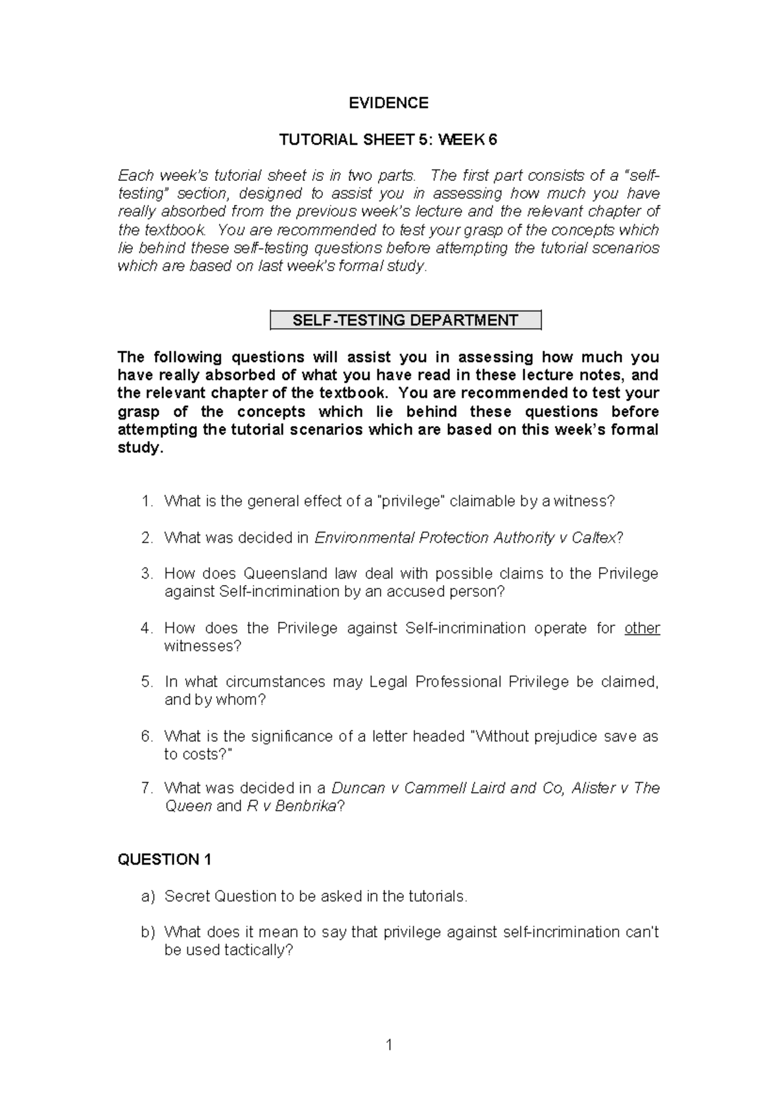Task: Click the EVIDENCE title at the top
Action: click(388, 103)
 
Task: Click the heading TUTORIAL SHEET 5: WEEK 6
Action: click(388, 139)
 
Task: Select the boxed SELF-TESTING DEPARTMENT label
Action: click(405, 320)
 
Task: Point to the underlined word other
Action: click(642, 628)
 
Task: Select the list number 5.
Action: click(147, 682)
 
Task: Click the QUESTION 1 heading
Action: click(165, 860)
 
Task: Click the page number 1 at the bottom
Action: click(388, 1045)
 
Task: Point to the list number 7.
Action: click(147, 788)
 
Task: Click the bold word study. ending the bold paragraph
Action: click(137, 448)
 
